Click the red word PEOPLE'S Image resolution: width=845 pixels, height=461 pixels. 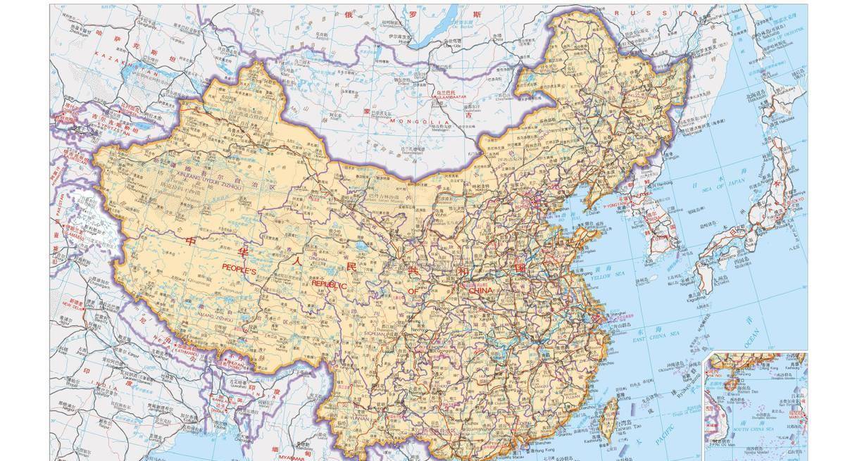coord(241,267)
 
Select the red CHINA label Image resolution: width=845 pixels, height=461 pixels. coord(475,290)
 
